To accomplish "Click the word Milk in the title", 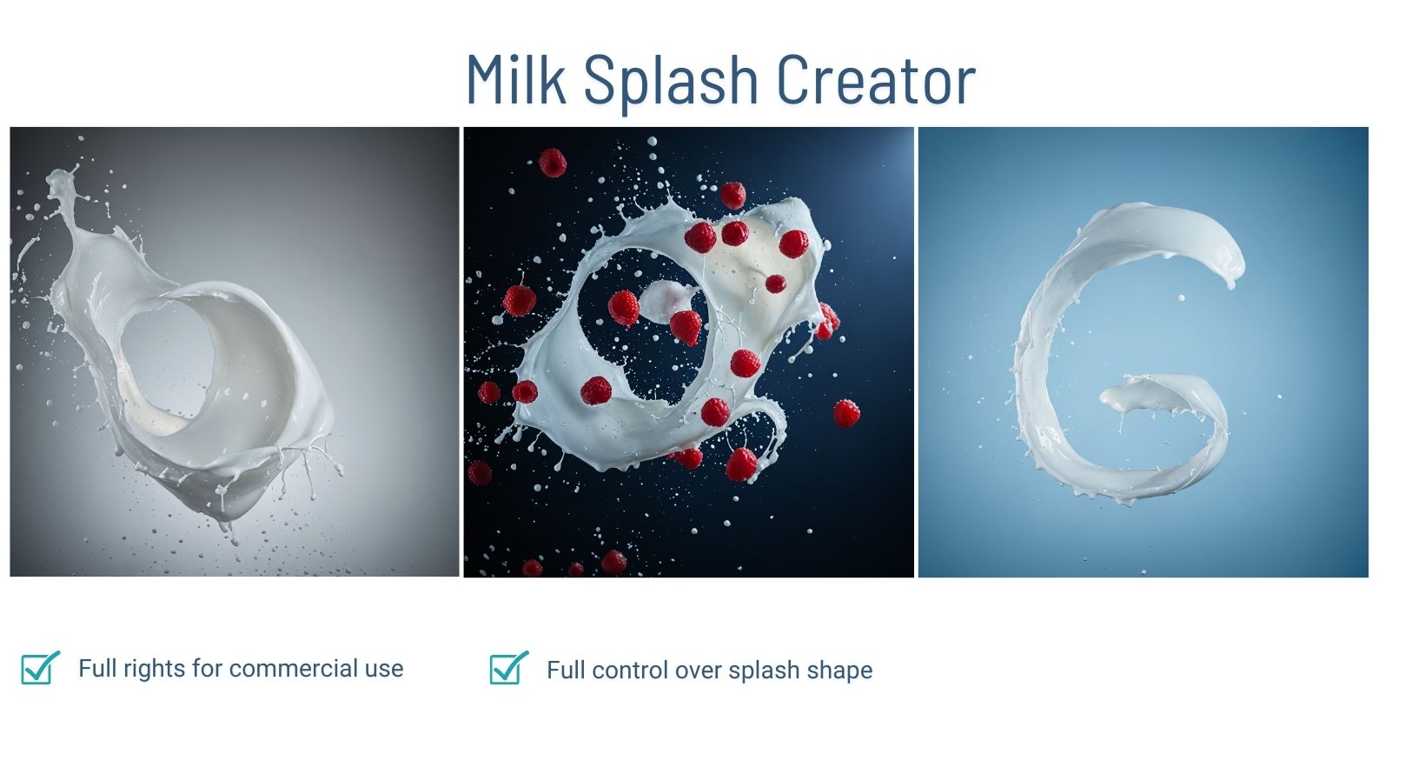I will coord(515,80).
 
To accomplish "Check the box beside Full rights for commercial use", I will coord(39,668).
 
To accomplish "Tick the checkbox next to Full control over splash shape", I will coord(508,669).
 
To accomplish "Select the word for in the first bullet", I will coord(207,669).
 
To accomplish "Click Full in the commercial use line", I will coord(96,669).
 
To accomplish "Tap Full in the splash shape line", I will coord(565,671).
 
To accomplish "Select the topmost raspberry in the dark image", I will coord(553,163).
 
